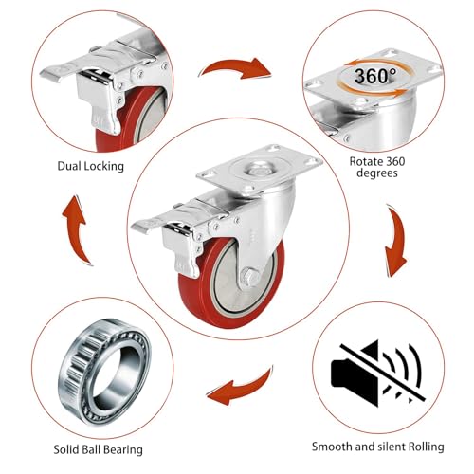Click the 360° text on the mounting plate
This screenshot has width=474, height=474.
[374, 76]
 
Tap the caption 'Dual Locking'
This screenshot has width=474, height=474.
[91, 166]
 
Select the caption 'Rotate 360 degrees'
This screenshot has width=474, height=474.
[377, 168]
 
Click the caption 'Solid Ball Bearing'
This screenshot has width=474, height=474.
[98, 449]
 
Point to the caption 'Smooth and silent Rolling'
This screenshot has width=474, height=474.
[378, 447]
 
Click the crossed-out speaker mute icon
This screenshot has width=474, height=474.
[377, 373]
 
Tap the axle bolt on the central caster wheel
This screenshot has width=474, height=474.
[249, 278]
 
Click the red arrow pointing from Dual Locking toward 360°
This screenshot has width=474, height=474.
[235, 67]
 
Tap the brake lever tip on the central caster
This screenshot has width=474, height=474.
[140, 227]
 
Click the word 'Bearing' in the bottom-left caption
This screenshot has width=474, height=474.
[123, 450]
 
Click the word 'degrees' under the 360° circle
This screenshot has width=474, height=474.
[377, 173]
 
